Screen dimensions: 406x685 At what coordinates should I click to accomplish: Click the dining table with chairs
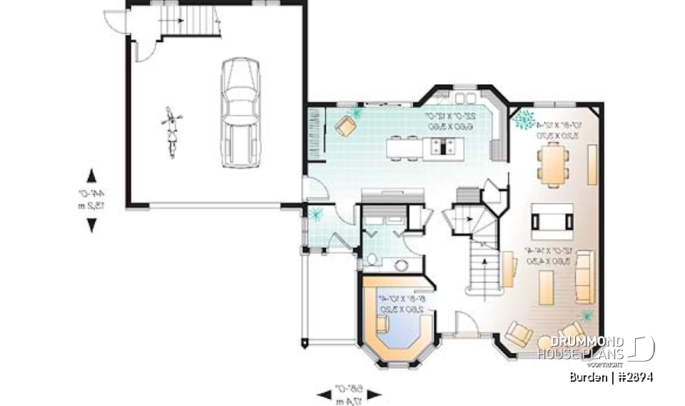click(554, 163)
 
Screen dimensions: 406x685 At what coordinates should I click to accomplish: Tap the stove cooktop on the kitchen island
click(442, 147)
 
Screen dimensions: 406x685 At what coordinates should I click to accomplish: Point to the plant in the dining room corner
click(527, 119)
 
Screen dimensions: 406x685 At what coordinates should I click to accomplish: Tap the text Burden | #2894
click(611, 377)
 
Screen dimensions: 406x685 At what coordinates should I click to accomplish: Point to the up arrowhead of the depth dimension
click(91, 176)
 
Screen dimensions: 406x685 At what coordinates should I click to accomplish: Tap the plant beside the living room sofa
click(587, 315)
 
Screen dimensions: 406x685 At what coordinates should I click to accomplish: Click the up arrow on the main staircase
click(484, 265)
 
